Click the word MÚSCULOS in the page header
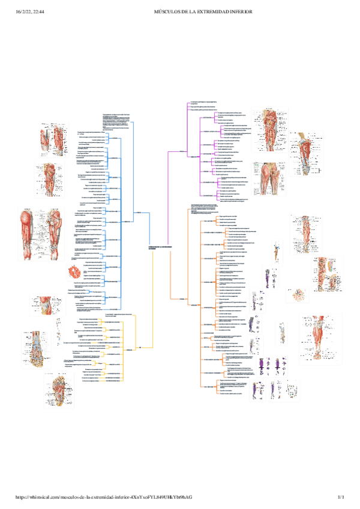pyautogui.click(x=169, y=11)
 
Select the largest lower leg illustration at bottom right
pyautogui.click(x=321, y=336)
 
